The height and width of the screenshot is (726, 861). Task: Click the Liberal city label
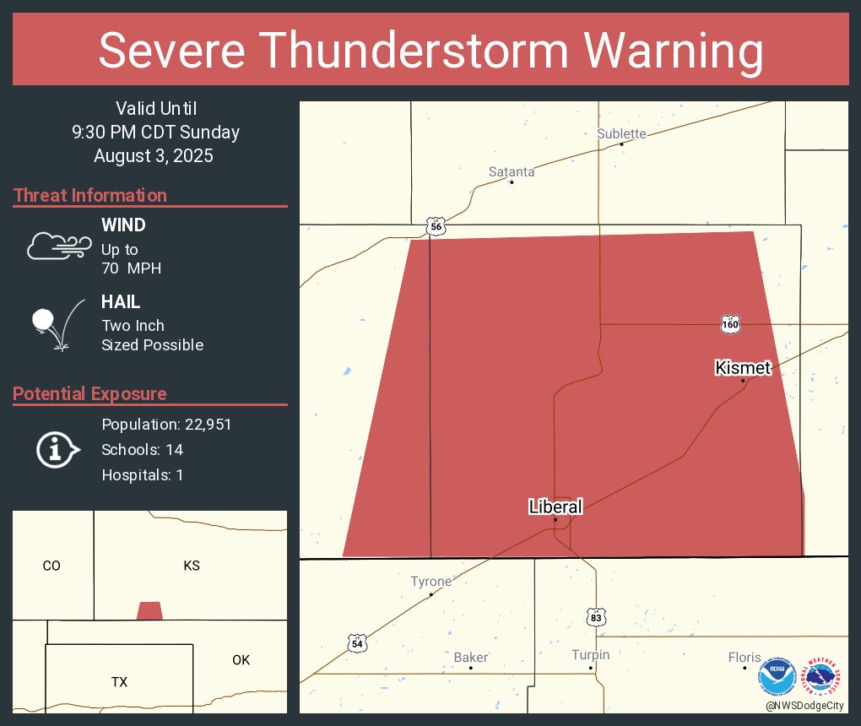click(555, 507)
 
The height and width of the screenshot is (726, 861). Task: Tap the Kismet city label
click(743, 367)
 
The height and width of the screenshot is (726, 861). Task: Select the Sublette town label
click(621, 133)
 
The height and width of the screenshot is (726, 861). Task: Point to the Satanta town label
click(512, 171)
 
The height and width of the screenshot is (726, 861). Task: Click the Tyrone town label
click(430, 581)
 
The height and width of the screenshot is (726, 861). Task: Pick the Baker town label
click(471, 657)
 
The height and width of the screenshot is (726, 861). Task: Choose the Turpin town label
click(590, 654)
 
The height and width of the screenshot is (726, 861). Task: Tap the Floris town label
click(745, 657)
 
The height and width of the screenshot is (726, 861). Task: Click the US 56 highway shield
click(436, 226)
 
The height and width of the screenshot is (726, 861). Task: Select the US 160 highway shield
click(730, 323)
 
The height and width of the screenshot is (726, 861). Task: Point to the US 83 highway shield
click(597, 618)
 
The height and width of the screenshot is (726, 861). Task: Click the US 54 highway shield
click(357, 643)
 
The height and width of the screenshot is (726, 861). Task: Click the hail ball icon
click(43, 320)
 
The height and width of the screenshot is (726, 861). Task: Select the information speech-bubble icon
click(57, 449)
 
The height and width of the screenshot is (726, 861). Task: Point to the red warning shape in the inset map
click(149, 610)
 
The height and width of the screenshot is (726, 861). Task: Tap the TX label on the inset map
click(119, 681)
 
